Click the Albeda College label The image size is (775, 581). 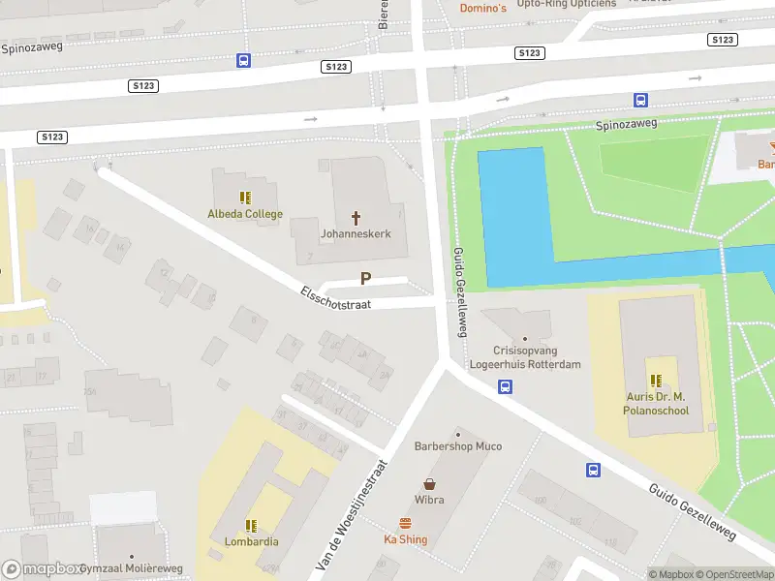[x=245, y=214]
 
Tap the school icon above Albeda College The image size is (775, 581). [x=245, y=197]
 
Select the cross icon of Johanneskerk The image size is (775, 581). [x=356, y=217]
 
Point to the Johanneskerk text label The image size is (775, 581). [x=356, y=233]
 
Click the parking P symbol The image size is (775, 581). [x=365, y=279]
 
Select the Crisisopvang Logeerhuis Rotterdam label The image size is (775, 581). [x=525, y=357]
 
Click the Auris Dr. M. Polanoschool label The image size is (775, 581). [x=656, y=404]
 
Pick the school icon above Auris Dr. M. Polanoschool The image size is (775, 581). [x=656, y=380]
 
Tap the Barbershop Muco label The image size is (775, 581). [x=457, y=446]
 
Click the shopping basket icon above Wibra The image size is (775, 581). [x=429, y=483]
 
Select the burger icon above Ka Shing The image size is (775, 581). [x=405, y=523]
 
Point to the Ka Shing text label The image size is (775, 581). [x=405, y=539]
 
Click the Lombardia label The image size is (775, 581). [x=251, y=541]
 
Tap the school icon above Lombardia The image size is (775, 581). [x=251, y=525]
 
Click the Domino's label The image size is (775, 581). [x=482, y=8]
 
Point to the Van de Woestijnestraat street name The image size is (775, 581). [x=352, y=512]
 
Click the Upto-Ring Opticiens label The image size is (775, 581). [x=566, y=4]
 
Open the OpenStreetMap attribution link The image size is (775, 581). [x=732, y=574]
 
